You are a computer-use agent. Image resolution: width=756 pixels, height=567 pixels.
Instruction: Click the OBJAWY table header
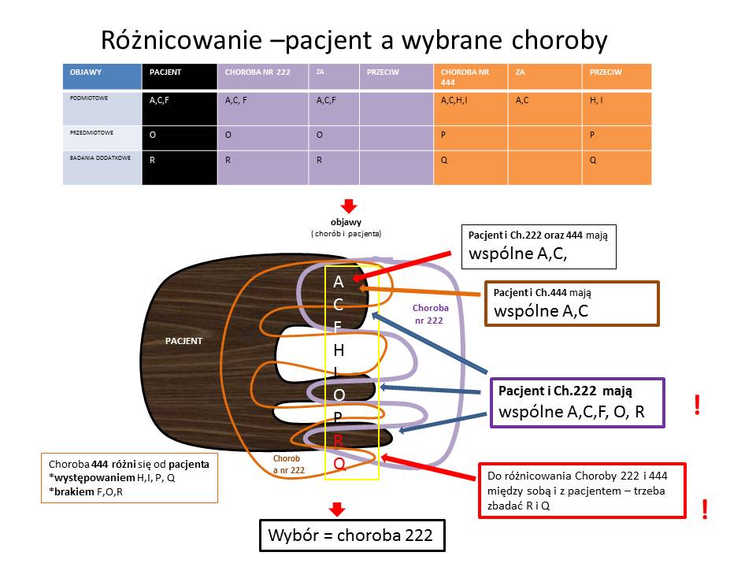coord(102,76)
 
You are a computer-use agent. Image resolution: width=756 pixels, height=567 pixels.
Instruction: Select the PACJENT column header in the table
coord(180,76)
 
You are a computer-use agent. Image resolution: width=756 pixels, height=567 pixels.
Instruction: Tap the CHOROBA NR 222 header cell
coord(263,76)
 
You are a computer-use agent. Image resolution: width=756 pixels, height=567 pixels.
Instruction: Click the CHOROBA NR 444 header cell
coord(471,76)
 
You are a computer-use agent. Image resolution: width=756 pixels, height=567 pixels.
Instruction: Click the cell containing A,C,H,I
coord(471,109)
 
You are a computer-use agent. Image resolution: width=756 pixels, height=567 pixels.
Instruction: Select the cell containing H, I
coord(617,109)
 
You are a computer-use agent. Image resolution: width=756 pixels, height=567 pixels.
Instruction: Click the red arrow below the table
coord(349,206)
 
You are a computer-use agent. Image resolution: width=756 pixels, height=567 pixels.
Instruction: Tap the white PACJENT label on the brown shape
coord(183,341)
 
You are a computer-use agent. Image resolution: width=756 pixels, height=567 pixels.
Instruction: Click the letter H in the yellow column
coord(339,350)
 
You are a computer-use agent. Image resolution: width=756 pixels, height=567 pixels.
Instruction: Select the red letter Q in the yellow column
coord(339,464)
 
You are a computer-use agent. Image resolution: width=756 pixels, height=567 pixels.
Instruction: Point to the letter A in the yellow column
coord(339,282)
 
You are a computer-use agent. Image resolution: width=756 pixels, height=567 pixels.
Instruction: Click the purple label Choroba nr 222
coord(430,314)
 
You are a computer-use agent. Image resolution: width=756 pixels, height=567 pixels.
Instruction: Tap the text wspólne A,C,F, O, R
coord(572,412)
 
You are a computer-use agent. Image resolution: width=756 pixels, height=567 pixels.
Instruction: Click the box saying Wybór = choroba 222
coord(352,535)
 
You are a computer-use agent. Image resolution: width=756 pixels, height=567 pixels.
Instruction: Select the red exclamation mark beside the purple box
coord(697,405)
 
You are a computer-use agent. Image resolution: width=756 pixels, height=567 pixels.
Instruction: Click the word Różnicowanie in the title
coord(181,40)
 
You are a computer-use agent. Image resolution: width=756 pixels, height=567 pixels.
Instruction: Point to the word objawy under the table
coord(346,222)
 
